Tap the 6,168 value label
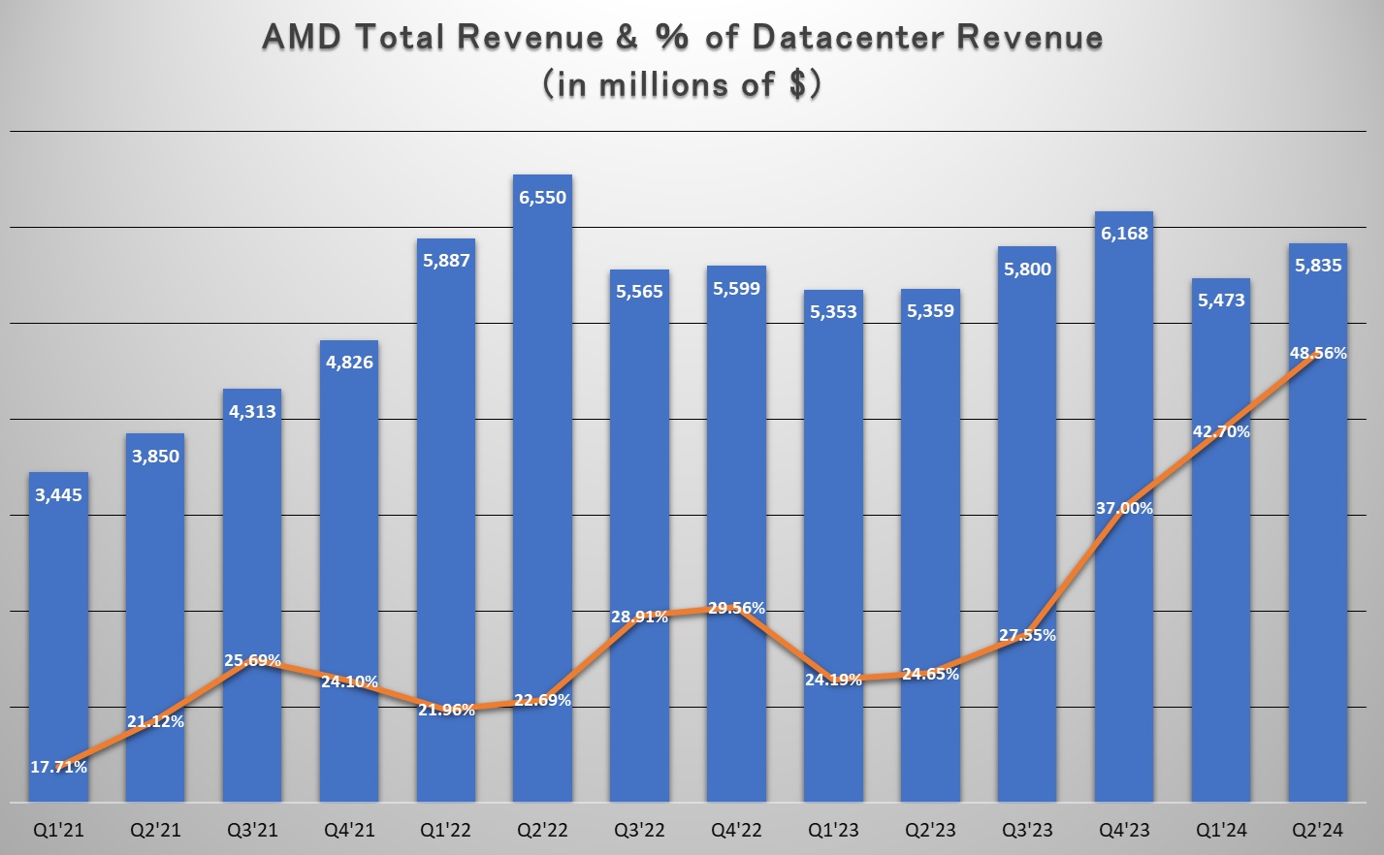coord(1125,234)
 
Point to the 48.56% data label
coord(1318,354)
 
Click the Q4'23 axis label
coord(1125,831)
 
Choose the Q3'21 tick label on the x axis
coord(252,831)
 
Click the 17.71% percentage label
coord(58,767)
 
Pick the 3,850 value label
coord(155,457)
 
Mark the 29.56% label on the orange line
coord(736,609)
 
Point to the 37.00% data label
coord(1124,508)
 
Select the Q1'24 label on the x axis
coord(1221,831)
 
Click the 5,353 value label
coord(834,312)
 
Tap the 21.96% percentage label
coord(446,711)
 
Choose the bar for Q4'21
coord(349,543)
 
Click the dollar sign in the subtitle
coord(798,85)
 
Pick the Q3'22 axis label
coord(640,831)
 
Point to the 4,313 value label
coord(252,412)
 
